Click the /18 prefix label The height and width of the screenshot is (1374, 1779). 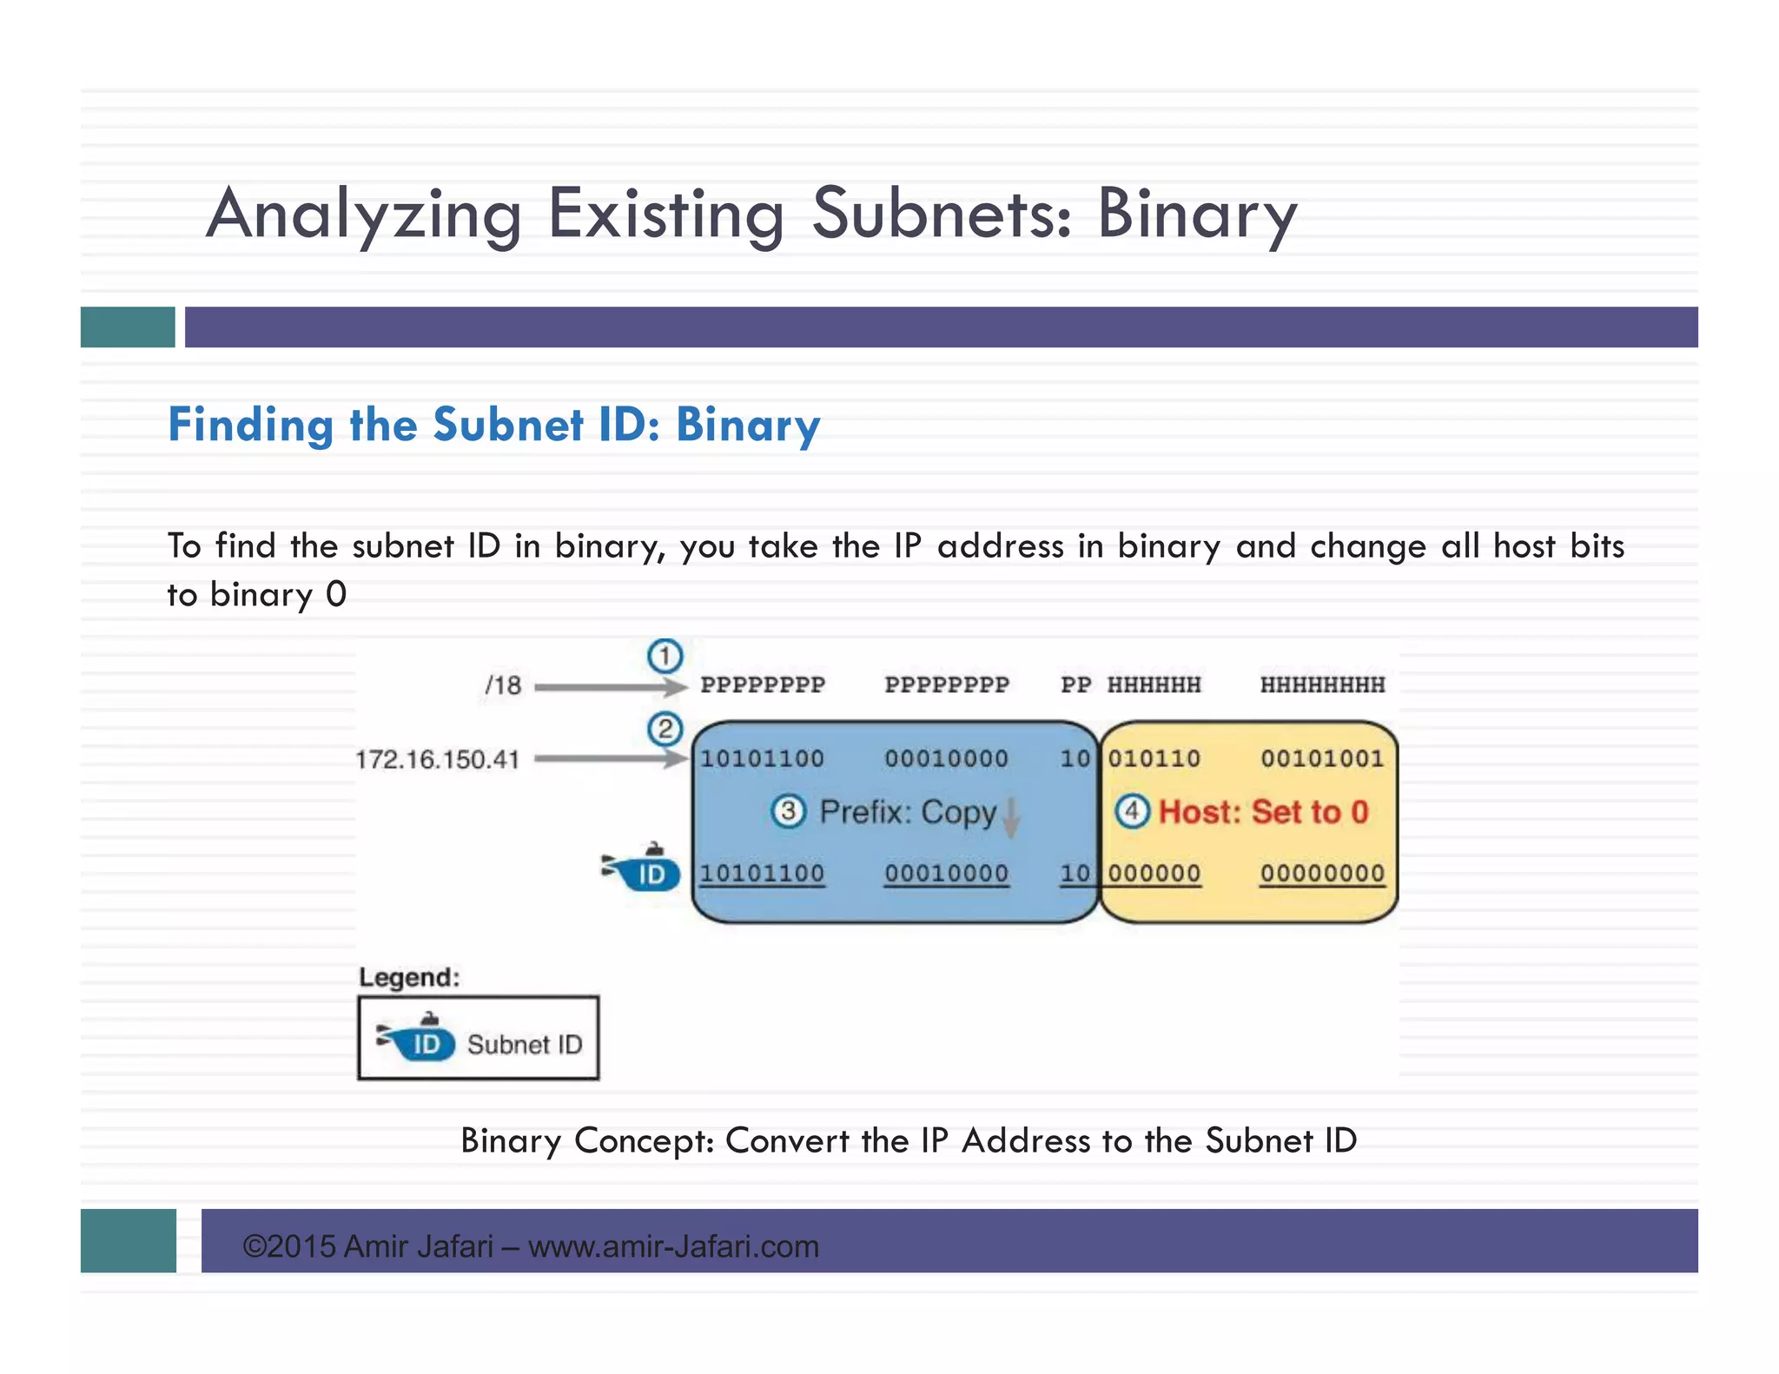coord(503,685)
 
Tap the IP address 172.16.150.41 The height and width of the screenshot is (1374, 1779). coord(437,760)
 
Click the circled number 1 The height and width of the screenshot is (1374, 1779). coord(665,656)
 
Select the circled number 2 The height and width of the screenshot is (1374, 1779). coord(665,729)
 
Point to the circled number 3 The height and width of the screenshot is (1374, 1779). coord(788,812)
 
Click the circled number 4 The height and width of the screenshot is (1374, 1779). coord(1132,812)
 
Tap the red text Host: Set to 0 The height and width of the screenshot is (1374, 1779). coord(1264,812)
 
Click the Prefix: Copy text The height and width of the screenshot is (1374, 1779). coord(908,812)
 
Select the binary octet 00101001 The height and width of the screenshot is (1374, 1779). coord(1322,759)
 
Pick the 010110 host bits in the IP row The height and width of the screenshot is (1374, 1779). coord(1154,759)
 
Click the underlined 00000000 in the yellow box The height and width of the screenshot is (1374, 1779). coord(1322,873)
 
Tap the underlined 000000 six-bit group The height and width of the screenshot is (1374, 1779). coord(1154,873)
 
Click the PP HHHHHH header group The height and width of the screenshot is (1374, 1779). coord(1130,685)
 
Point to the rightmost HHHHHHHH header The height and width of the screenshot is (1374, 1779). coord(1322,685)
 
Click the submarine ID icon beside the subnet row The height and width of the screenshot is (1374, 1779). coord(643,869)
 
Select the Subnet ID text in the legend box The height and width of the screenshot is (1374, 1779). coord(525,1044)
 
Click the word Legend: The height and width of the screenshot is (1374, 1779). coord(409,977)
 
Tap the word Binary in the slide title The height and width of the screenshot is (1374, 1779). coord(1196,214)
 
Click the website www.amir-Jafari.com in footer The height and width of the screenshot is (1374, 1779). coord(673,1246)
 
